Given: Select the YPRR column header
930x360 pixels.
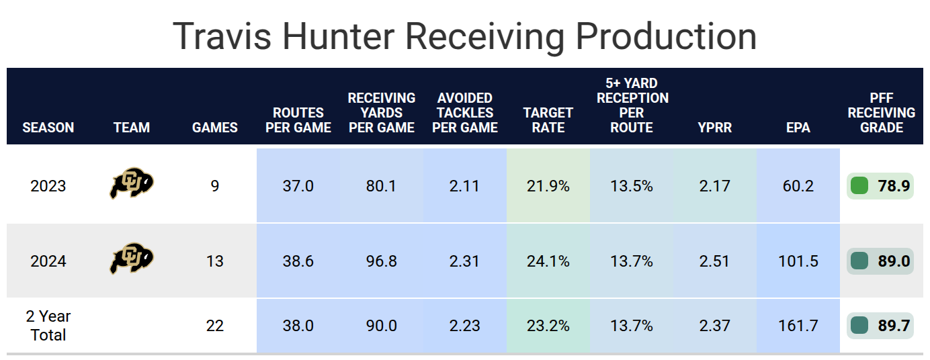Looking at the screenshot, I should pyautogui.click(x=714, y=127).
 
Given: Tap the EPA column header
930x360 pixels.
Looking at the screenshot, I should pyautogui.click(x=798, y=127).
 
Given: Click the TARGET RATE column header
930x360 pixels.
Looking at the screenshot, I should pyautogui.click(x=548, y=120).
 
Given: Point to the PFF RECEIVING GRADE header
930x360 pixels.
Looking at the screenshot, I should pyautogui.click(x=881, y=112).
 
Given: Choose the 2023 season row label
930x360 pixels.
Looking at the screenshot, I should pyautogui.click(x=48, y=186).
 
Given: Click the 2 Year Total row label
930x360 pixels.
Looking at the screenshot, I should pyautogui.click(x=48, y=325).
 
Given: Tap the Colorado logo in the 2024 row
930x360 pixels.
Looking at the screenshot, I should pyautogui.click(x=132, y=260).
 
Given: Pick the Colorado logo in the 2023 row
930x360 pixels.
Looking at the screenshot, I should pyautogui.click(x=132, y=185).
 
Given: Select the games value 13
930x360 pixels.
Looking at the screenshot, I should pyautogui.click(x=215, y=261).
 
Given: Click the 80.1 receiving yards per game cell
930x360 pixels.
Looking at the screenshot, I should pyautogui.click(x=382, y=186).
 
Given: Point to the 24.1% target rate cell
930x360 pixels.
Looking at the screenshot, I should pyautogui.click(x=548, y=261).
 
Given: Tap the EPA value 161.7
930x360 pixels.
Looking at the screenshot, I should pyautogui.click(x=798, y=326).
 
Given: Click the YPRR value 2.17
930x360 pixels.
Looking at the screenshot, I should pyautogui.click(x=714, y=186).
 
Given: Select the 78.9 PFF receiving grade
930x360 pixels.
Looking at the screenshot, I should pyautogui.click(x=894, y=186).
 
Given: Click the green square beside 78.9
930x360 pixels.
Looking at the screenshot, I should pyautogui.click(x=859, y=185).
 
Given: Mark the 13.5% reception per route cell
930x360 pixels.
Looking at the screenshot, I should pyautogui.click(x=632, y=186).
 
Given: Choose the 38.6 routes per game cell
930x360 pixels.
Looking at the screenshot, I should pyautogui.click(x=298, y=261).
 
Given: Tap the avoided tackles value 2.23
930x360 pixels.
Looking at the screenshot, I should pyautogui.click(x=465, y=326).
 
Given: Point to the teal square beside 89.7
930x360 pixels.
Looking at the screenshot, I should pyautogui.click(x=859, y=325).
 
